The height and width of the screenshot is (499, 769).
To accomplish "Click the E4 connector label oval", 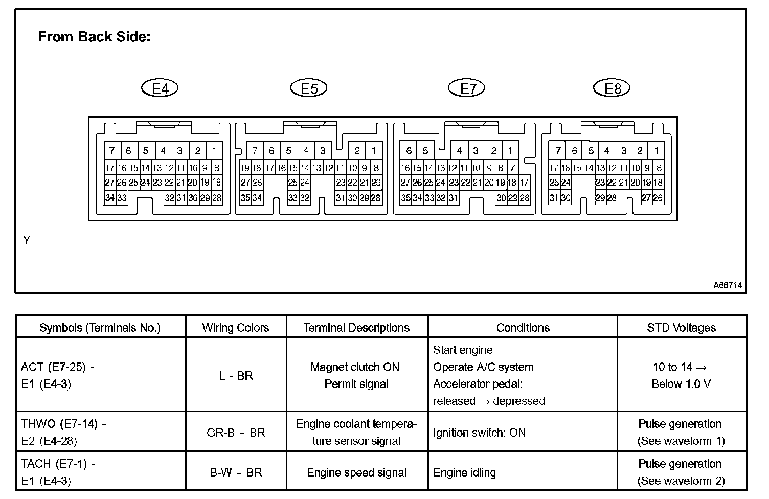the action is (160, 88).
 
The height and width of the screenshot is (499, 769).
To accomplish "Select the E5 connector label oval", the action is (309, 88).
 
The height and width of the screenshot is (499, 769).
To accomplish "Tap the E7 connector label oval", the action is (466, 88).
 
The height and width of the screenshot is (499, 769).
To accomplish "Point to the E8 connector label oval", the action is (612, 88).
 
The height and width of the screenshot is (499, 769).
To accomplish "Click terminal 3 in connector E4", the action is (180, 151).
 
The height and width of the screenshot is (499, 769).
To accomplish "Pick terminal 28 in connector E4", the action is (217, 198).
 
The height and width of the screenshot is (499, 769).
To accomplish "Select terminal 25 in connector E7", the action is (429, 183).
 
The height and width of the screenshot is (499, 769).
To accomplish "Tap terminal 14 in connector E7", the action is (429, 168).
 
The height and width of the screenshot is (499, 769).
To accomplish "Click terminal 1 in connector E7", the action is (510, 151).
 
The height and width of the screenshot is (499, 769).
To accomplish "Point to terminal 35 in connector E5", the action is (245, 198).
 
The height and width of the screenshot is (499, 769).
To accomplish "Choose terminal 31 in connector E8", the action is (554, 198).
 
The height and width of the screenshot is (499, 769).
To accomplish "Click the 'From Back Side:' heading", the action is (94, 37).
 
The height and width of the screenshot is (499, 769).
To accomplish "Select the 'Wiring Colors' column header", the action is (236, 328).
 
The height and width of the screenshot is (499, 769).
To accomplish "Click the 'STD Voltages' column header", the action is (681, 328).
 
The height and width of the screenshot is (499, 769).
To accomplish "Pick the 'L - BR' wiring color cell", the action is (236, 376).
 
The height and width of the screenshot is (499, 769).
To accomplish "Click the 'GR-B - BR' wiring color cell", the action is (236, 433).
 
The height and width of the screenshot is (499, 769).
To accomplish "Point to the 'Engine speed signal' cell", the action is (357, 473).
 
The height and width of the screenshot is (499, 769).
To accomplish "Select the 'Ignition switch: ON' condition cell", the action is (479, 433).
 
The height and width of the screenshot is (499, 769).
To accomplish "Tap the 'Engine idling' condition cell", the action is (464, 473).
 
